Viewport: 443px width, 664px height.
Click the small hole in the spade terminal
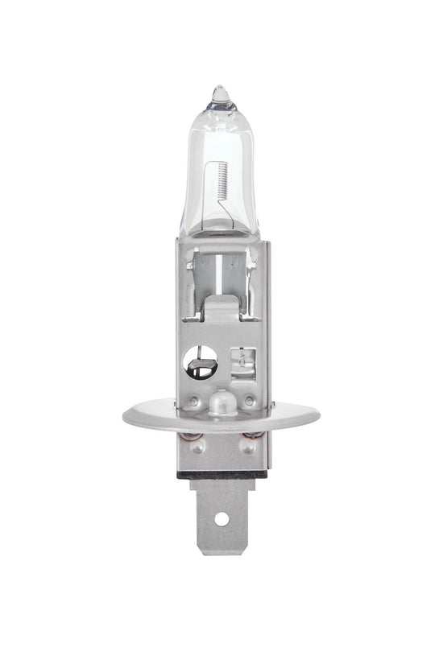coord(221,520)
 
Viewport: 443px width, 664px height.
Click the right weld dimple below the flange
coord(250,440)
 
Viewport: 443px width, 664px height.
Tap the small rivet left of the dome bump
coord(193,399)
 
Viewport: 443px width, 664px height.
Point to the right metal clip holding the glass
coord(253,262)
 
